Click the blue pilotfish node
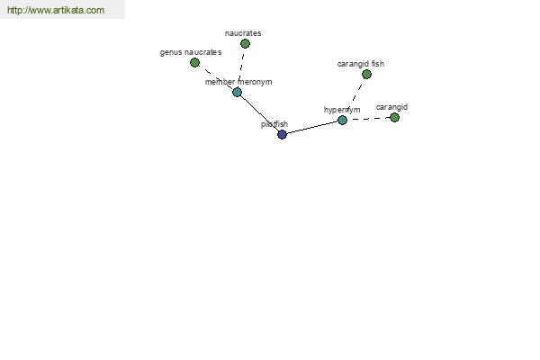282,134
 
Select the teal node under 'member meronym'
237,92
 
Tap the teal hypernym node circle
342,120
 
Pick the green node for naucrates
245,43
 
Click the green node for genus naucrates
194,62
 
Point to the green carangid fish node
366,74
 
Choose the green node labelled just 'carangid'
394,118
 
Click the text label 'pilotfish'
274,124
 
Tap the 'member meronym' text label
238,82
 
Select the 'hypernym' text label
342,110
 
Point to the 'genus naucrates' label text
191,52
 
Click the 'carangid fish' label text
361,64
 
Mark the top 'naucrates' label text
243,33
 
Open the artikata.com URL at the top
56,10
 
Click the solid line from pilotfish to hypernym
312,127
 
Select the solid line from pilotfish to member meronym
260,113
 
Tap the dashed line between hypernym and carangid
368,119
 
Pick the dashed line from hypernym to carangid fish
355,97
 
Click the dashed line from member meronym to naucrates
241,67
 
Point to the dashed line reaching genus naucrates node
216,77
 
